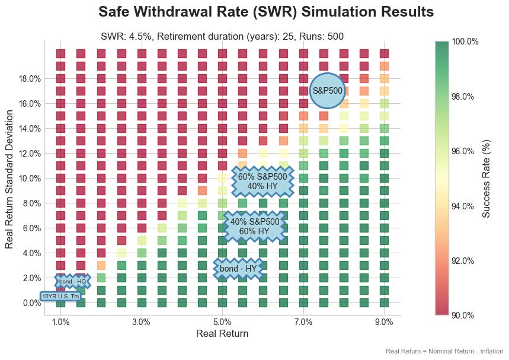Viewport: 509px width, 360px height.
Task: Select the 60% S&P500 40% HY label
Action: [262, 181]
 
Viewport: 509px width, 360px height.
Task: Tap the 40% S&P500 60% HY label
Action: [255, 226]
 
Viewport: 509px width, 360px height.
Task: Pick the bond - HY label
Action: [238, 269]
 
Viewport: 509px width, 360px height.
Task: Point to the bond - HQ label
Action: [72, 281]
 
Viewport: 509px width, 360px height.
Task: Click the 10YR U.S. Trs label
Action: [60, 296]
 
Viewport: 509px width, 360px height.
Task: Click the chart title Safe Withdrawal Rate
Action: [266, 12]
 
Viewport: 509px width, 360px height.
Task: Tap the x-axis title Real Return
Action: [222, 334]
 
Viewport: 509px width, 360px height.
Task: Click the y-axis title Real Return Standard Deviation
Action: [9, 178]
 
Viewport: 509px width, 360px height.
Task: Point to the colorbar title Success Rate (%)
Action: [486, 178]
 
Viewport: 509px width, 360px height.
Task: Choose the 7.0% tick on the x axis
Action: [303, 322]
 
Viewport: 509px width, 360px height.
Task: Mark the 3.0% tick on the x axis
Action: [142, 322]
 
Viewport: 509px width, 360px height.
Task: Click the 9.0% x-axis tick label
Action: [384, 322]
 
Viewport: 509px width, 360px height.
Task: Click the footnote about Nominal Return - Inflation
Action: [444, 351]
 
